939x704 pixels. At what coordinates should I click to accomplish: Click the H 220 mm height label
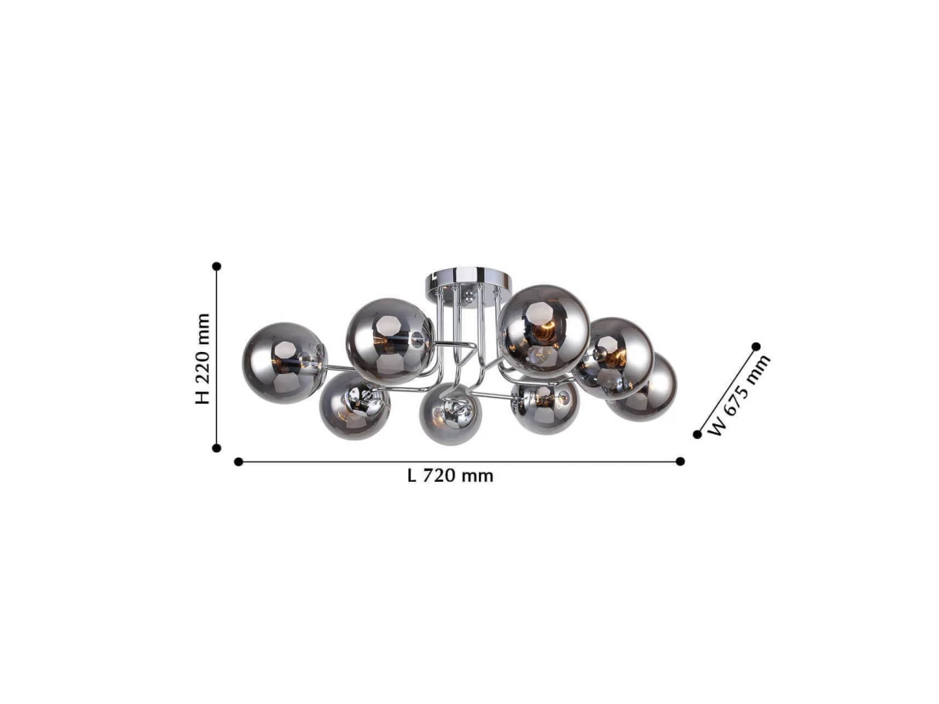point(203,358)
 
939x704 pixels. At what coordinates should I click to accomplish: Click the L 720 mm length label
point(451,476)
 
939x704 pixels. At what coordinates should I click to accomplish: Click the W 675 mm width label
point(738,394)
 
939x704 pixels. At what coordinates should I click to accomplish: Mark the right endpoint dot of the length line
point(680,462)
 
